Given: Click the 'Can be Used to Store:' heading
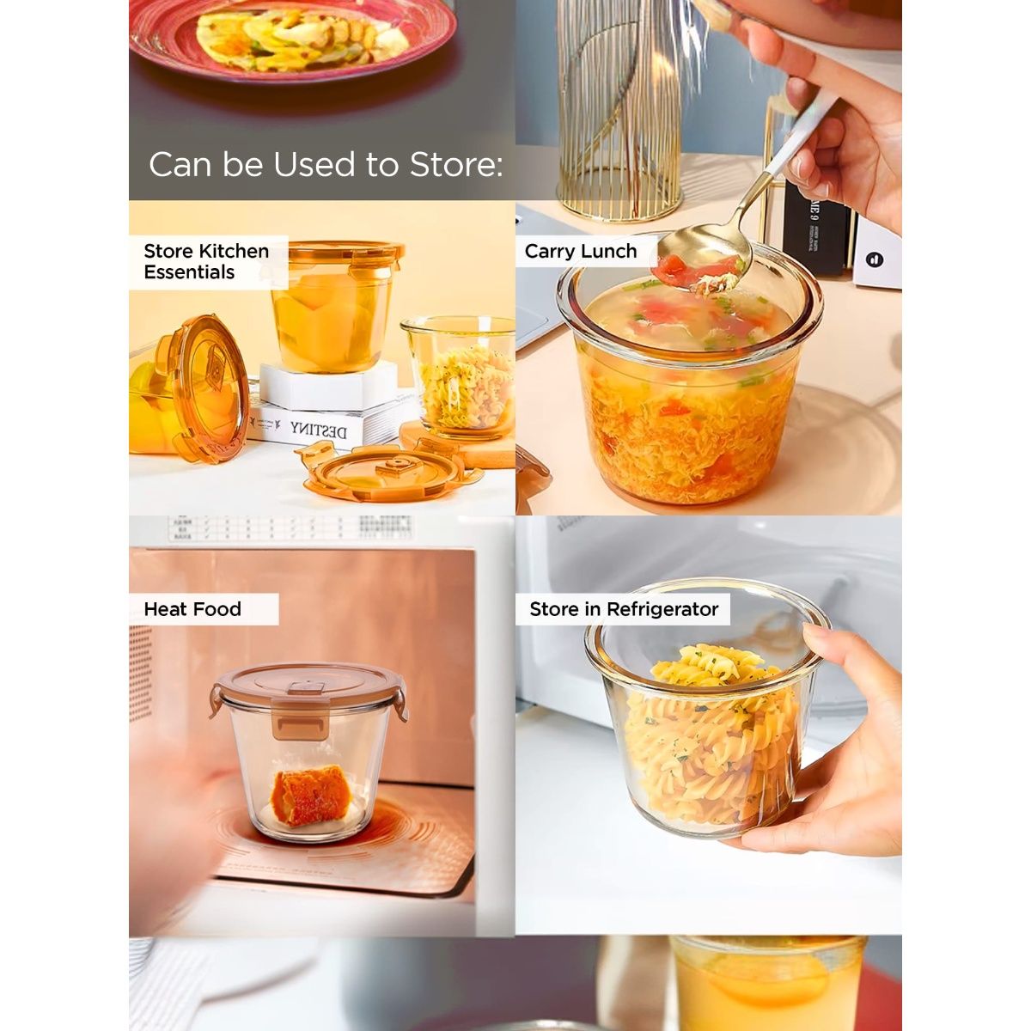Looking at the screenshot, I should [x=325, y=164].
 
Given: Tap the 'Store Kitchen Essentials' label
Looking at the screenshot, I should [x=206, y=261].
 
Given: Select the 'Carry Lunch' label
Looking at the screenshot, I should [x=581, y=251].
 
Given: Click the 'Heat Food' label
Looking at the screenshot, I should [x=192, y=609].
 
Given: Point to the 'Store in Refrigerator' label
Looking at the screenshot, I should [x=624, y=609].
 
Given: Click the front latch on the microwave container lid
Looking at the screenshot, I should [x=300, y=717].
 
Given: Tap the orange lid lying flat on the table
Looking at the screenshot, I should [x=391, y=472].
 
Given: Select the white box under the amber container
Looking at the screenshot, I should [x=328, y=386].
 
